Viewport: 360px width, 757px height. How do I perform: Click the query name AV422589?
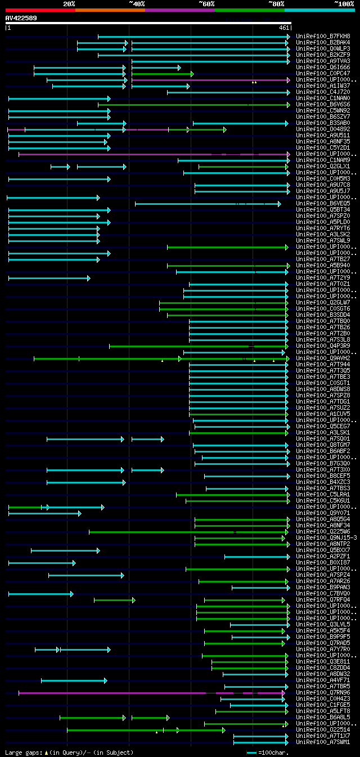tap(21, 18)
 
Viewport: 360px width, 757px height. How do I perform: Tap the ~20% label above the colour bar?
tap(69, 4)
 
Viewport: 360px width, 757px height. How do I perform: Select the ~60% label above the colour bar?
tap(206, 4)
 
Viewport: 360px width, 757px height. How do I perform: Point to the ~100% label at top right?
tap(344, 4)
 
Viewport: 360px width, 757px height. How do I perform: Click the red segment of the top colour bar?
tap(40, 10)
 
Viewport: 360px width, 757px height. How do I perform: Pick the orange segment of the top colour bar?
tap(110, 10)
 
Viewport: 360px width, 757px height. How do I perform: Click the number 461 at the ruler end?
tap(284, 28)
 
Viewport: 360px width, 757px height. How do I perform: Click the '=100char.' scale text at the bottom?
tap(273, 752)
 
